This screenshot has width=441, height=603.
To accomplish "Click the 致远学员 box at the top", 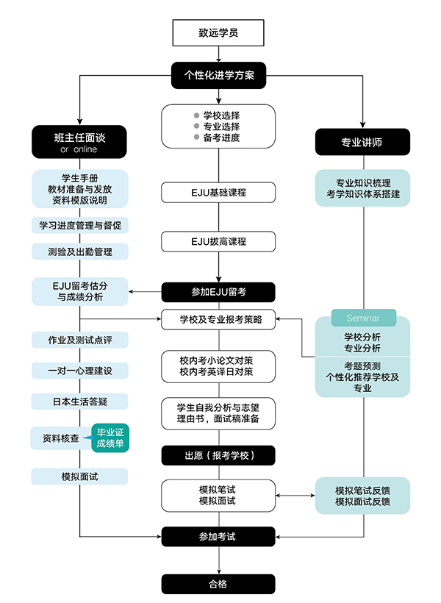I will point(218,32).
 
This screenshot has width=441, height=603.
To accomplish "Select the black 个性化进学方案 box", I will point(218,74).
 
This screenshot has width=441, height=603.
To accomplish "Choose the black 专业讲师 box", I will point(362,142).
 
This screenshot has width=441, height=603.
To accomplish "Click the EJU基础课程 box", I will point(218,193).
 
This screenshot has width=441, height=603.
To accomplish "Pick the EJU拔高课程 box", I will point(218,241).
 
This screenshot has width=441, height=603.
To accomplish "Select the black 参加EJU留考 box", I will point(218,292).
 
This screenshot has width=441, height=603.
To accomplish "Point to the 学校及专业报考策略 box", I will point(218,320).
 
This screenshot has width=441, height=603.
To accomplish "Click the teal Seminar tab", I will point(362,318).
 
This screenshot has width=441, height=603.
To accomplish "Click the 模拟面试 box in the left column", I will point(79,477).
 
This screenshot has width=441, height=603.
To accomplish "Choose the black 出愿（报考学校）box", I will point(218,455).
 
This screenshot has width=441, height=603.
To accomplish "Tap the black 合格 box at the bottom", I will point(218,584).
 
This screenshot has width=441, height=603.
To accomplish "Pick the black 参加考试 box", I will point(218,537).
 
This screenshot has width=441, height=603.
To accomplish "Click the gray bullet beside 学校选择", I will point(196,115).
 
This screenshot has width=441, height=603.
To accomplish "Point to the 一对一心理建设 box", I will point(79,371).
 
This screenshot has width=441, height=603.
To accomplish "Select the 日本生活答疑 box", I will point(79,402).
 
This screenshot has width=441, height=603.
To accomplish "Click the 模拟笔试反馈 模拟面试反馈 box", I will point(362,496).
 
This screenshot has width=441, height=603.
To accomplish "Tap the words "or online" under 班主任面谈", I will point(79,150).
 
